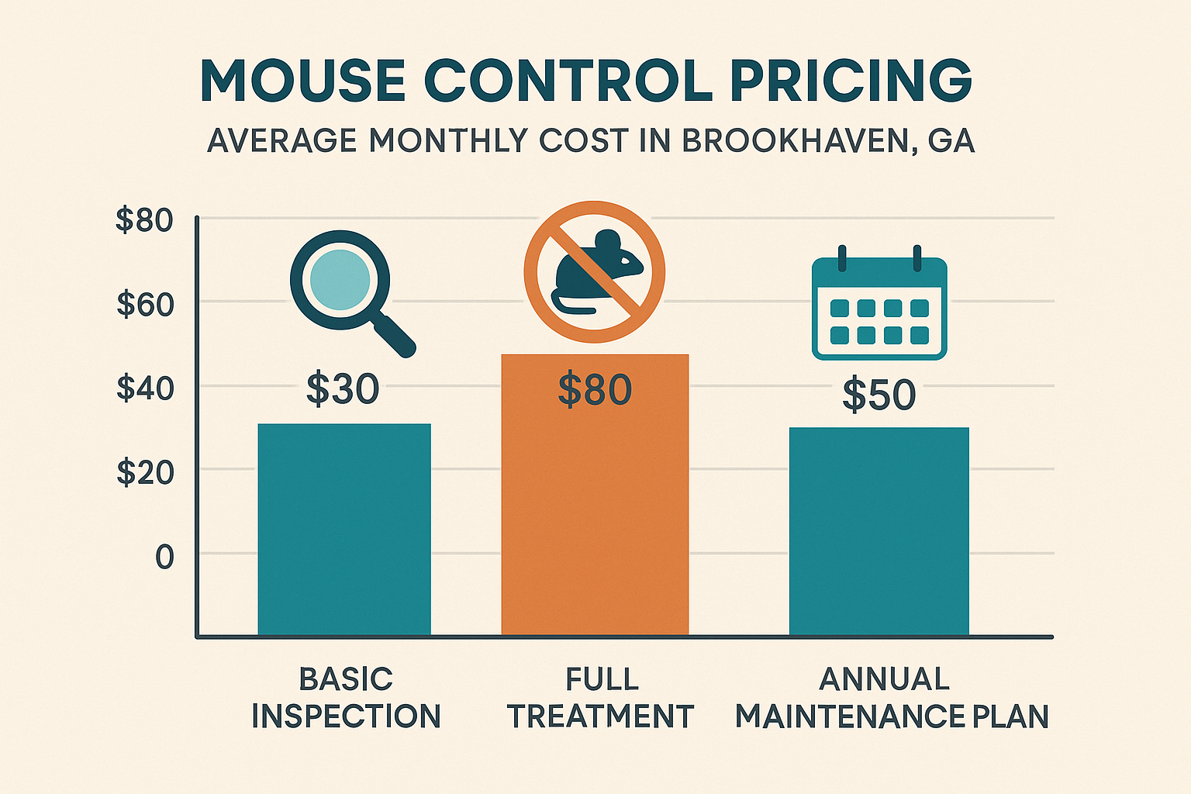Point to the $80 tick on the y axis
pyautogui.click(x=144, y=221)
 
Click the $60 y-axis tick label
pyautogui.click(x=145, y=304)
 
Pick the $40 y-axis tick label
pyautogui.click(x=145, y=388)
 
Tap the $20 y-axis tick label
pyautogui.click(x=145, y=471)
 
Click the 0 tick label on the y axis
pyautogui.click(x=164, y=557)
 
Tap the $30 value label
pyautogui.click(x=343, y=389)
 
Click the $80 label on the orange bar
pyautogui.click(x=595, y=390)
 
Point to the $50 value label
pyautogui.click(x=879, y=395)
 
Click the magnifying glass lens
pyautogui.click(x=339, y=280)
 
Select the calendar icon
pyautogui.click(x=879, y=309)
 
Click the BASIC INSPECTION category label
pyautogui.click(x=346, y=698)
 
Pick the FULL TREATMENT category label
pyautogui.click(x=600, y=698)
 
